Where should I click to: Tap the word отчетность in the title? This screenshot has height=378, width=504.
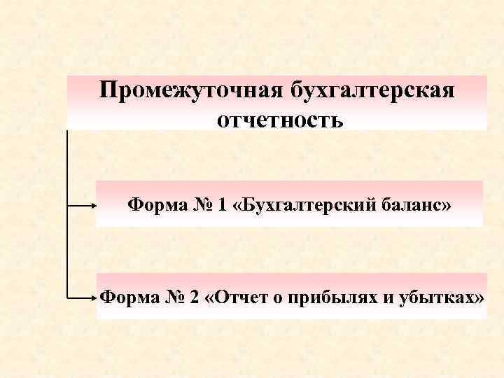point(280,120)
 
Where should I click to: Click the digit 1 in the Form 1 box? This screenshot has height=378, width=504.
point(223,205)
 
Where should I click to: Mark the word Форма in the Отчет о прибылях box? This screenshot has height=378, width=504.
point(125,297)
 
